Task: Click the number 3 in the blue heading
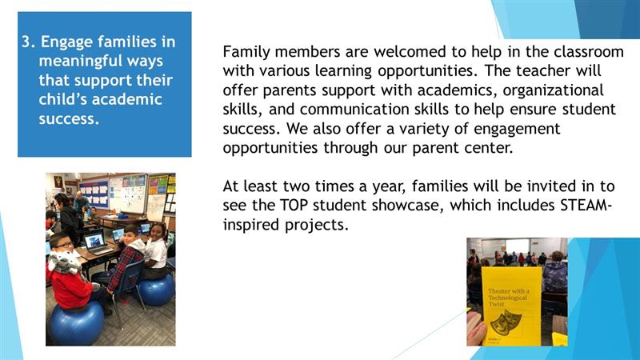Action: [26, 42]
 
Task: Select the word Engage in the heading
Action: [67, 42]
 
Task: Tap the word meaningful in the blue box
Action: [81, 62]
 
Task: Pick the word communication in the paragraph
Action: [354, 110]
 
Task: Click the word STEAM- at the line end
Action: [586, 206]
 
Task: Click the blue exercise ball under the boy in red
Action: [76, 324]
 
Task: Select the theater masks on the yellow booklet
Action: [502, 322]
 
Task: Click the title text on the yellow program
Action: [508, 298]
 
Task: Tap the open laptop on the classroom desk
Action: [96, 242]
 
